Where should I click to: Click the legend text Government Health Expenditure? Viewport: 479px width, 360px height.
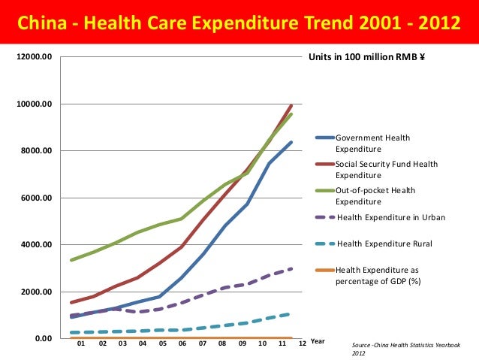pos(372,143)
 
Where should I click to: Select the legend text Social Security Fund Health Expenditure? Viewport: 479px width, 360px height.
pos(386,169)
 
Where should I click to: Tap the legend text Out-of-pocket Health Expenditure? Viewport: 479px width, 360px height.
pos(375,195)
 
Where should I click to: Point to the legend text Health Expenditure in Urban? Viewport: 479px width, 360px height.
pos(390,218)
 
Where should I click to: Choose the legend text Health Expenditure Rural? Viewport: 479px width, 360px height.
pos(384,244)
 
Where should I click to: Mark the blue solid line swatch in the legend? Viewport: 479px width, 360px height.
pos(323,138)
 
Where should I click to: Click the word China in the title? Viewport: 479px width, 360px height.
pos(40,24)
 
